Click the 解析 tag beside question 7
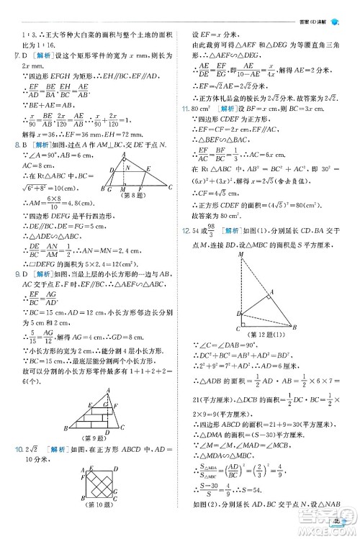tap(38, 55)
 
